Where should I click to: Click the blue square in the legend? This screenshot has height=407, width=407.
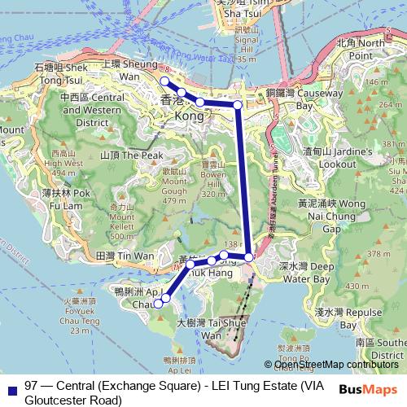9,387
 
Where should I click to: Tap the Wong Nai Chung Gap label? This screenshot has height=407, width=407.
324,217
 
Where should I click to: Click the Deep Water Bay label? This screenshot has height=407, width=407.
307,272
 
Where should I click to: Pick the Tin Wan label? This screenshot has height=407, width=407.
125,256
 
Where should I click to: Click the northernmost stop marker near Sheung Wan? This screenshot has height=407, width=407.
164,81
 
